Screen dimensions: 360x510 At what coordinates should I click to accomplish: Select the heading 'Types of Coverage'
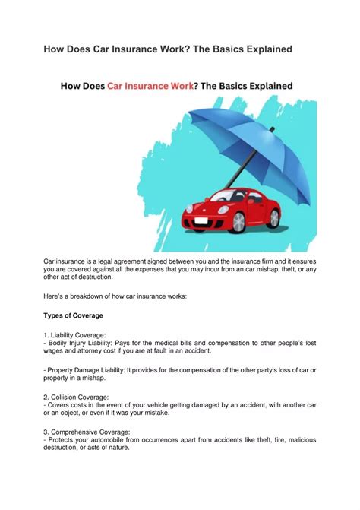pyautogui.click(x=74, y=315)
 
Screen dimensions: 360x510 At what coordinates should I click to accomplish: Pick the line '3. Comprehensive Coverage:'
pyautogui.click(x=87, y=432)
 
